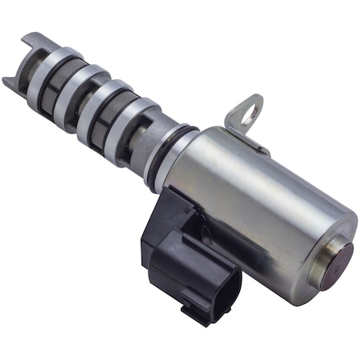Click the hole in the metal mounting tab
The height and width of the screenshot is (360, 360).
[248, 110]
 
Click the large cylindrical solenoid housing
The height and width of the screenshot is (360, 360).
[256, 200]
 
